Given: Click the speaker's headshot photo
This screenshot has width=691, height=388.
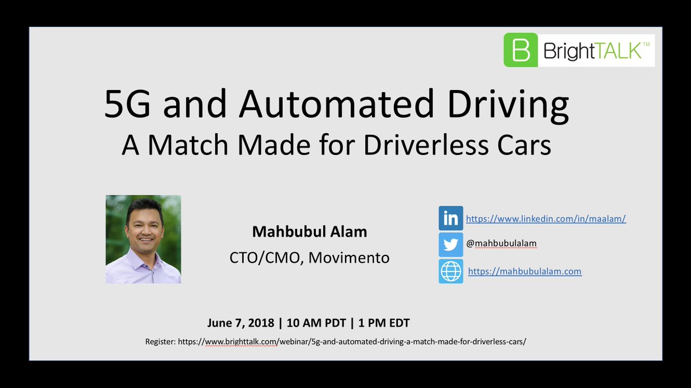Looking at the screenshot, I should click(x=143, y=239).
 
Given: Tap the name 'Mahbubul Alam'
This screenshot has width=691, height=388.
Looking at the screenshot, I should click(x=310, y=232).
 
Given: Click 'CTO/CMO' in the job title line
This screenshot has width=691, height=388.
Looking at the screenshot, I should click(x=264, y=258).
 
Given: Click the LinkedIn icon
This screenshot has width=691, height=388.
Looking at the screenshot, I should click(x=450, y=219).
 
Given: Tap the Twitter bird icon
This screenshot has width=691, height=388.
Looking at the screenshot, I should click(x=450, y=244).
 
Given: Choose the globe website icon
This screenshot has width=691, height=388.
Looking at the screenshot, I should click(x=450, y=271).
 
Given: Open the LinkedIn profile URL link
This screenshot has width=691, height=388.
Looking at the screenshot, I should click(x=545, y=219).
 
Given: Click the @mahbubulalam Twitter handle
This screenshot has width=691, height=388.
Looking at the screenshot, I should click(x=501, y=244).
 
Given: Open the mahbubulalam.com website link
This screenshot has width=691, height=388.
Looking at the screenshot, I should click(x=525, y=271).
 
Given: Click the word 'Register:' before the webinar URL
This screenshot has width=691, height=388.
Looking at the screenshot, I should click(x=160, y=341).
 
